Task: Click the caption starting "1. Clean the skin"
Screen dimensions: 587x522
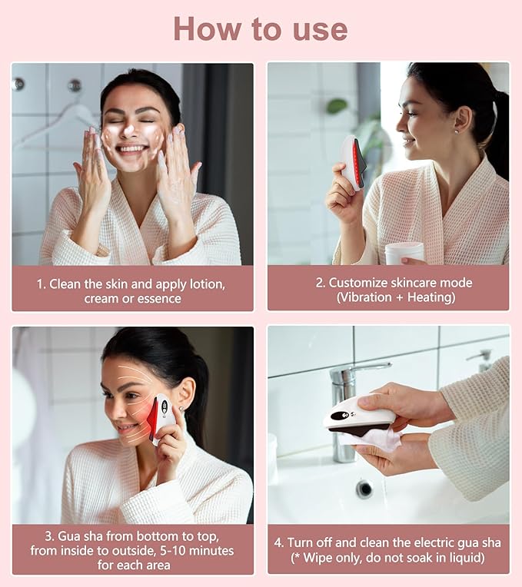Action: pos(132,290)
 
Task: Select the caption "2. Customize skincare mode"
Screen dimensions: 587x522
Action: pos(394,283)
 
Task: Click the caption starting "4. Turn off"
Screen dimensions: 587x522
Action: pos(388,549)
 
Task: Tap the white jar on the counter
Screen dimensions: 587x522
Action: pos(404,253)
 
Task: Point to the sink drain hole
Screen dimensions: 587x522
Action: pos(364,489)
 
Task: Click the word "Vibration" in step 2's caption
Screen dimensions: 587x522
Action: pos(369,297)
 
